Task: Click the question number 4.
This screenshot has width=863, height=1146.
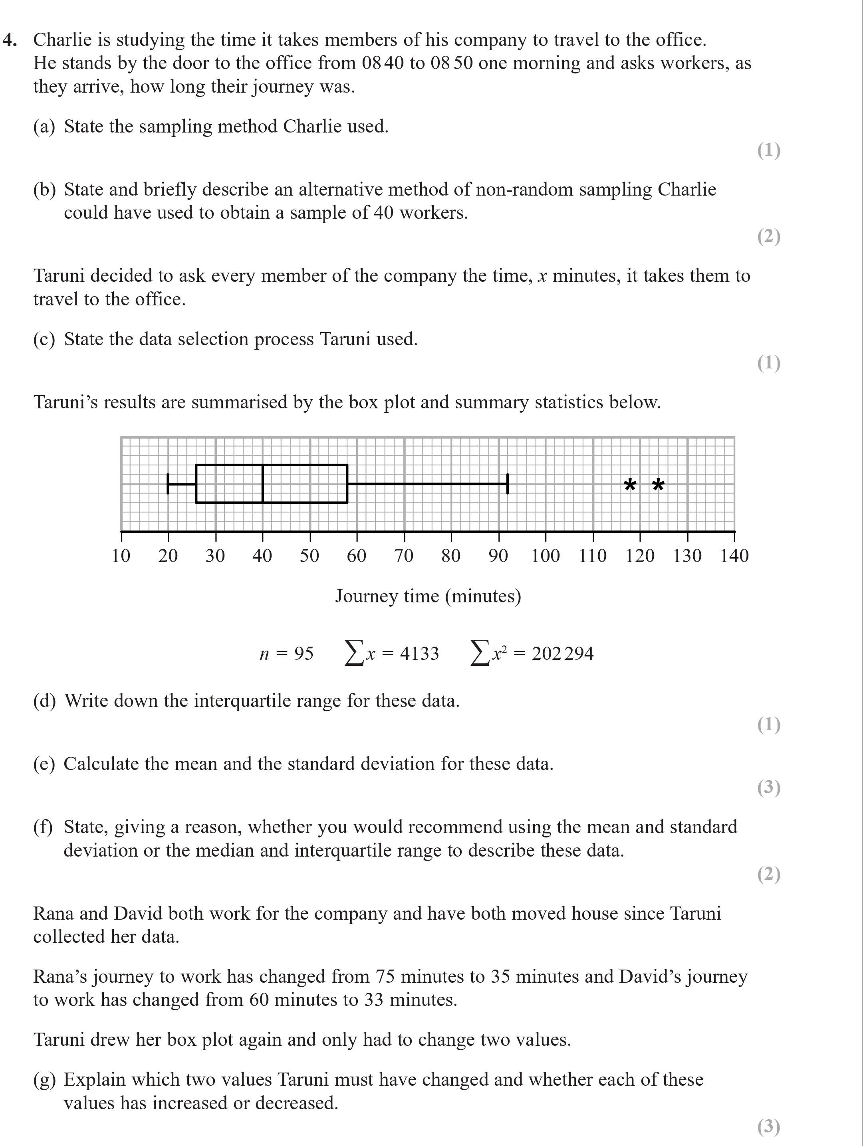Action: (x=9, y=40)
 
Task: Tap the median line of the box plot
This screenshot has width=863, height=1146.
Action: (x=263, y=483)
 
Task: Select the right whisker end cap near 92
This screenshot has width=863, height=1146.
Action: (x=508, y=483)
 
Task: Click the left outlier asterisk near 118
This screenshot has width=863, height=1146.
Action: (x=630, y=485)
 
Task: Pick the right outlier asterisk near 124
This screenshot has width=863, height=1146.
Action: (x=658, y=485)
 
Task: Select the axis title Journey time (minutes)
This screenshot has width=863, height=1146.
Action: (x=428, y=596)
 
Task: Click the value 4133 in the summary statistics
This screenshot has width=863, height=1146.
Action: (x=419, y=653)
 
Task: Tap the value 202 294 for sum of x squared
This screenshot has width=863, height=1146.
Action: (x=562, y=653)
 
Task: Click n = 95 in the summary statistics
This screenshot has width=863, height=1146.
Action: (x=287, y=653)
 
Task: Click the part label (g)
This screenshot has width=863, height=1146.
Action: (x=44, y=1080)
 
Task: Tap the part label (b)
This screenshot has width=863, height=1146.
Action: (x=44, y=190)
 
